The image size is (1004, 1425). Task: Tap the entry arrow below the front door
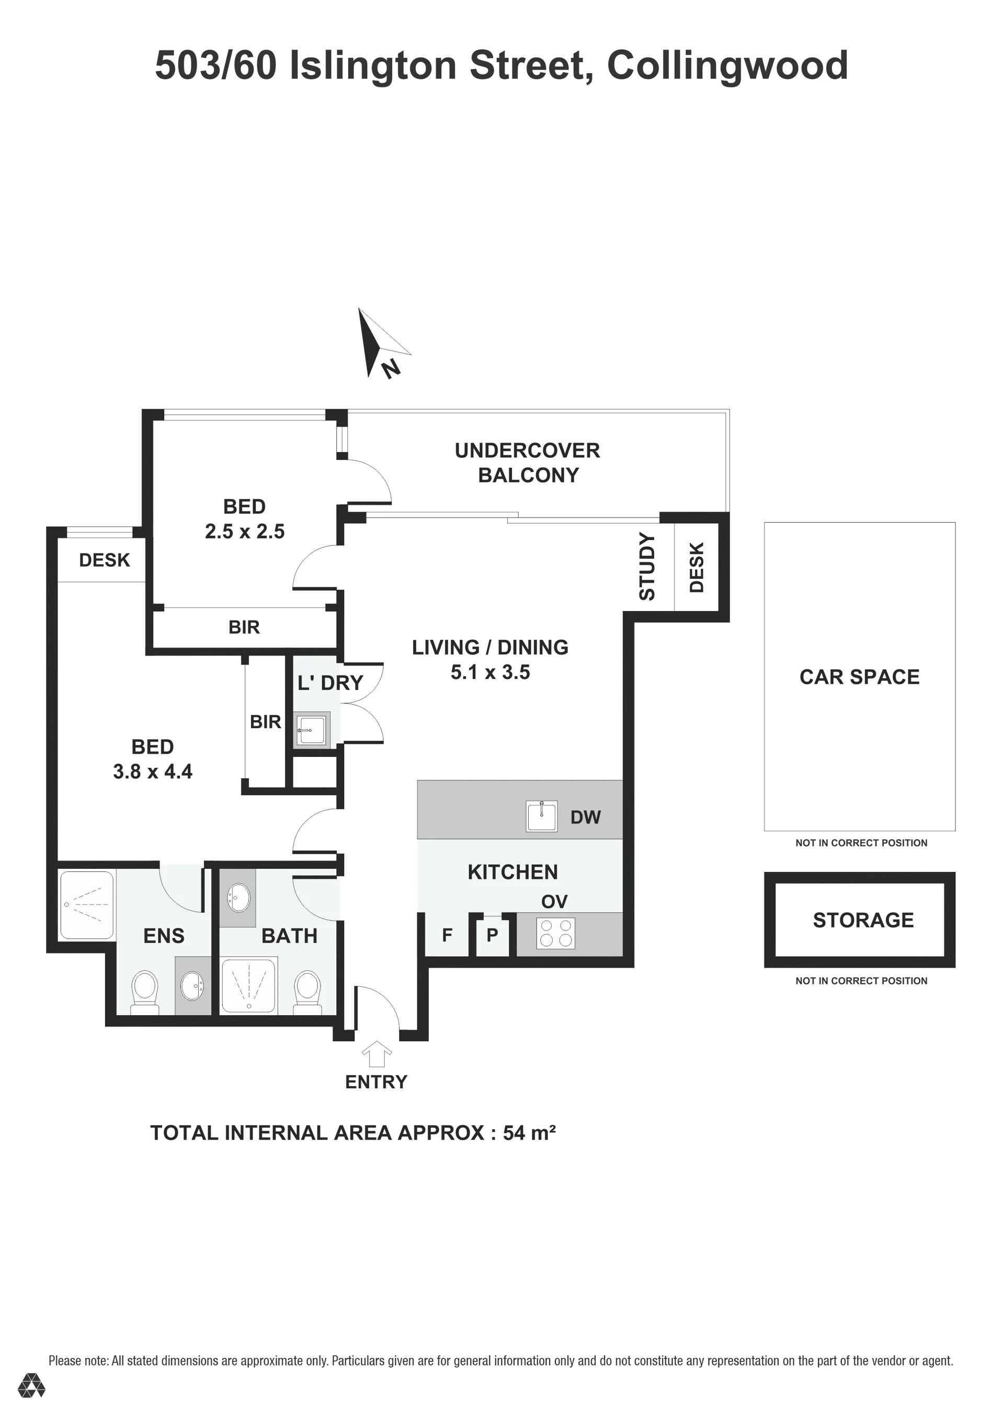click(377, 1053)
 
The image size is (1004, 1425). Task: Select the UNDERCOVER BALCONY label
click(528, 463)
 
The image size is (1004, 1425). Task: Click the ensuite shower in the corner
click(87, 904)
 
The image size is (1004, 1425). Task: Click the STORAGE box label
click(863, 920)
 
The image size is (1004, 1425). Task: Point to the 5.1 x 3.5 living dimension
click(490, 672)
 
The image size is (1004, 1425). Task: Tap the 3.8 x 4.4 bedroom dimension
click(153, 772)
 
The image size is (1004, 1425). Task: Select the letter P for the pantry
click(493, 935)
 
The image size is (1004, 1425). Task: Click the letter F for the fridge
click(447, 935)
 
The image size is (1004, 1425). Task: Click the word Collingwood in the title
click(727, 65)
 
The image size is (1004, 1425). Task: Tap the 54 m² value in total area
click(529, 1133)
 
